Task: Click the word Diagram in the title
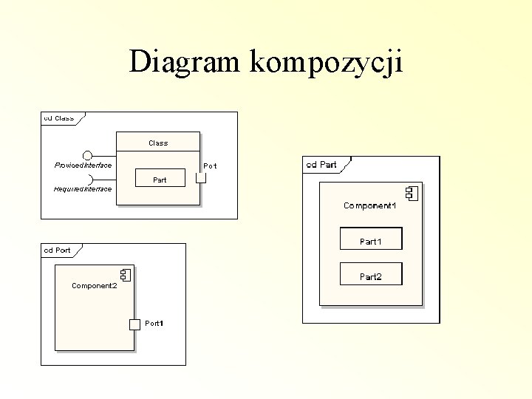[x=186, y=61]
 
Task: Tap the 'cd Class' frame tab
[x=59, y=117]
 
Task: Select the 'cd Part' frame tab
[x=322, y=164]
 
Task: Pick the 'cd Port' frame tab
[x=58, y=250]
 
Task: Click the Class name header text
[x=158, y=143]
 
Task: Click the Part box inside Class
[x=159, y=180]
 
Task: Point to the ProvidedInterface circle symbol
[x=88, y=155]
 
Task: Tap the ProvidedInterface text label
[x=83, y=165]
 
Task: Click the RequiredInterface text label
[x=83, y=189]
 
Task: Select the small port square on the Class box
[x=201, y=178]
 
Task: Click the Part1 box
[x=371, y=239]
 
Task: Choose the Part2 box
[x=371, y=274]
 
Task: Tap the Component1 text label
[x=369, y=205]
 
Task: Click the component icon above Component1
[x=411, y=194]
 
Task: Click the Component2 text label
[x=94, y=285]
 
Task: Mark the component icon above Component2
[x=125, y=276]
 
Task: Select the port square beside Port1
[x=134, y=324]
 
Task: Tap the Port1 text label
[x=154, y=324]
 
